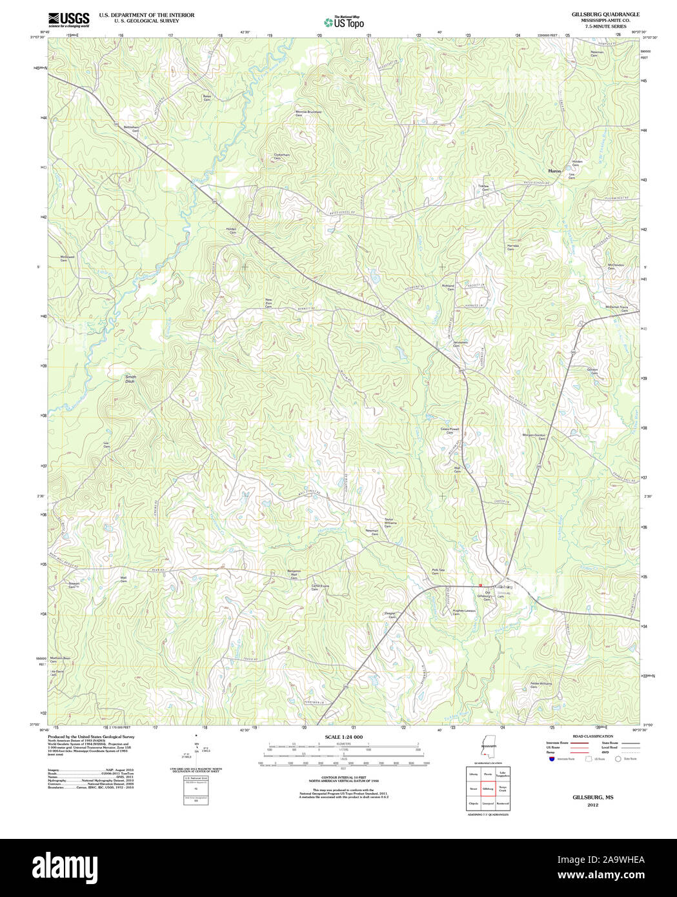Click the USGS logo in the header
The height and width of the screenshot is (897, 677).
pyautogui.click(x=68, y=19)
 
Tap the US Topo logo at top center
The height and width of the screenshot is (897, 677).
pyautogui.click(x=344, y=22)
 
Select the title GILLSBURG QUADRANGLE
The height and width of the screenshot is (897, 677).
pyautogui.click(x=596, y=14)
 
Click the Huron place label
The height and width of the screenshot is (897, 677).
pyautogui.click(x=554, y=171)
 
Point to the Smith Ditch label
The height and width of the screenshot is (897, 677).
pyautogui.click(x=131, y=379)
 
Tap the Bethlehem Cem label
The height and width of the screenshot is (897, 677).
pyautogui.click(x=132, y=128)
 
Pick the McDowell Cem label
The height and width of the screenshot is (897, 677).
pyautogui.click(x=67, y=258)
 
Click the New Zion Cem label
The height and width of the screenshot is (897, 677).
pyautogui.click(x=268, y=303)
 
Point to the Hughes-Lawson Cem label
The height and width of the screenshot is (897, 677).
pyautogui.click(x=463, y=612)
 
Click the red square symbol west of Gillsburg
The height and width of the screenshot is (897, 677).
pyautogui.click(x=481, y=586)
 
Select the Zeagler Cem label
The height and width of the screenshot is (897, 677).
pyautogui.click(x=390, y=615)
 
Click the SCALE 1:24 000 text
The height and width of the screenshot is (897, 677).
pyautogui.click(x=343, y=737)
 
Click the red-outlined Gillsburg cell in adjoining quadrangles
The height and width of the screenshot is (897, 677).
pyautogui.click(x=487, y=789)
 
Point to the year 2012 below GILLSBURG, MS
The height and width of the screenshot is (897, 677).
pyautogui.click(x=592, y=805)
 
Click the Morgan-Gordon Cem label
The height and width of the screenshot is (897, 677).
pyautogui.click(x=534, y=436)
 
